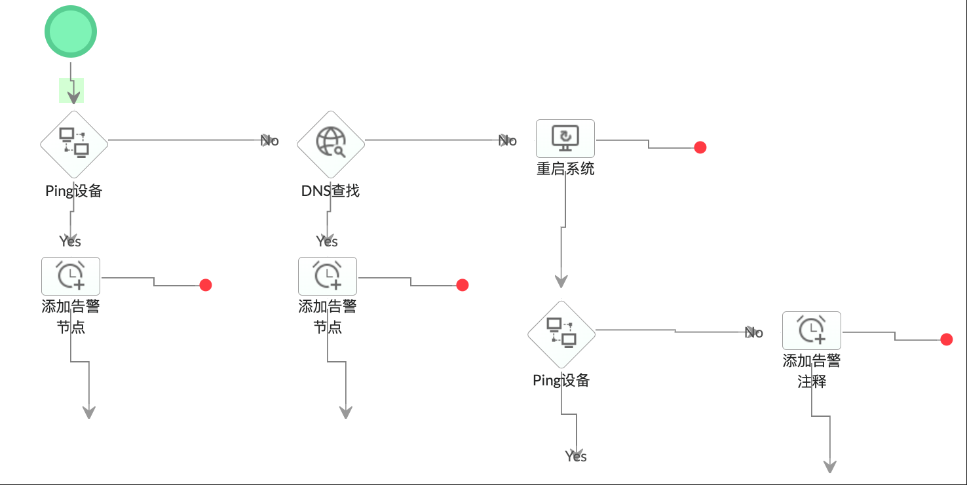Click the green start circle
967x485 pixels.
(71, 31)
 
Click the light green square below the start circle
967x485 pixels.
(71, 90)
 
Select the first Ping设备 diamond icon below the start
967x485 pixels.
(74, 144)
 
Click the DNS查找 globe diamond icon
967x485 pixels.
(331, 144)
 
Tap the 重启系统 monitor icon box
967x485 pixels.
(565, 138)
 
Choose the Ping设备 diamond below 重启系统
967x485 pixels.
(561, 334)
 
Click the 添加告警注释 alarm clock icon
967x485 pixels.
(811, 330)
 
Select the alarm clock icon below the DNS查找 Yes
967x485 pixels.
(328, 276)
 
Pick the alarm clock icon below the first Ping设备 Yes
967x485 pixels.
(71, 276)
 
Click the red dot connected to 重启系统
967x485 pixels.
(700, 147)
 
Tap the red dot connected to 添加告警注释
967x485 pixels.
(946, 339)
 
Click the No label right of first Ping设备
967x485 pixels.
(270, 140)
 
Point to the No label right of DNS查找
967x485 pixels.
(508, 140)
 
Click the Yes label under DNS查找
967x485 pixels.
(327, 242)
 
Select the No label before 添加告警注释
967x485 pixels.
(754, 333)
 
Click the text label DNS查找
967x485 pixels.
(330, 191)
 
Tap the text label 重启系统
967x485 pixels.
(565, 168)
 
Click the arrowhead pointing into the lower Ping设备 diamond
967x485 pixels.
(561, 281)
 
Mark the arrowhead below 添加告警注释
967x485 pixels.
(830, 466)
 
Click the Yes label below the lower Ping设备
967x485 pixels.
(576, 456)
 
